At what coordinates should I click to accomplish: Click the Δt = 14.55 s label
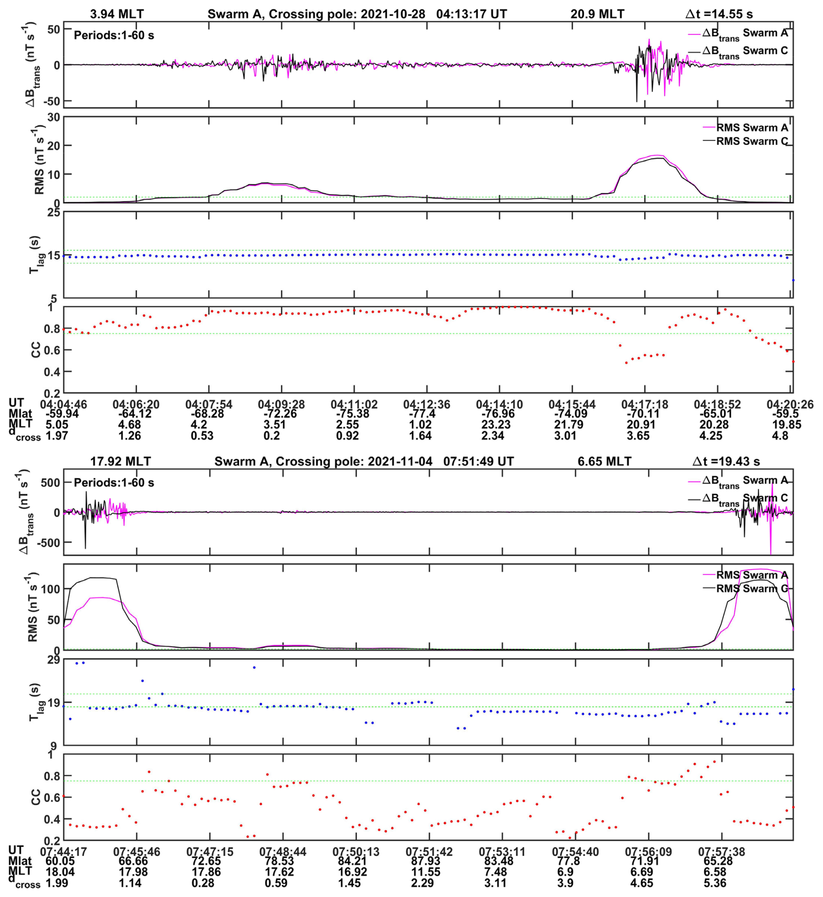(718, 14)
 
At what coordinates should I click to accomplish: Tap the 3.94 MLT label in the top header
(117, 14)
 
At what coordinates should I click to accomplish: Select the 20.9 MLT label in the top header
(597, 14)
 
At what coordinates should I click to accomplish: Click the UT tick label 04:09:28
(281, 405)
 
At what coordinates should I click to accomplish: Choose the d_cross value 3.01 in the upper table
(565, 435)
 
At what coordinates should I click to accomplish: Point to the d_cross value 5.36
(715, 883)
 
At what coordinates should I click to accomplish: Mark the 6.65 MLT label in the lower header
(604, 462)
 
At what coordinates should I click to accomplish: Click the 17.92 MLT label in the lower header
(120, 462)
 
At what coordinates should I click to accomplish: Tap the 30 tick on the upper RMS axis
(53, 117)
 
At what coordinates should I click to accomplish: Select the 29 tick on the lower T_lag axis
(53, 660)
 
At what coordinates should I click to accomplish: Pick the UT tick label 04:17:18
(644, 405)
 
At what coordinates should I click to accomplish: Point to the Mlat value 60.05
(60, 861)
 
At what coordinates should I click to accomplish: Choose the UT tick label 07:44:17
(64, 852)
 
